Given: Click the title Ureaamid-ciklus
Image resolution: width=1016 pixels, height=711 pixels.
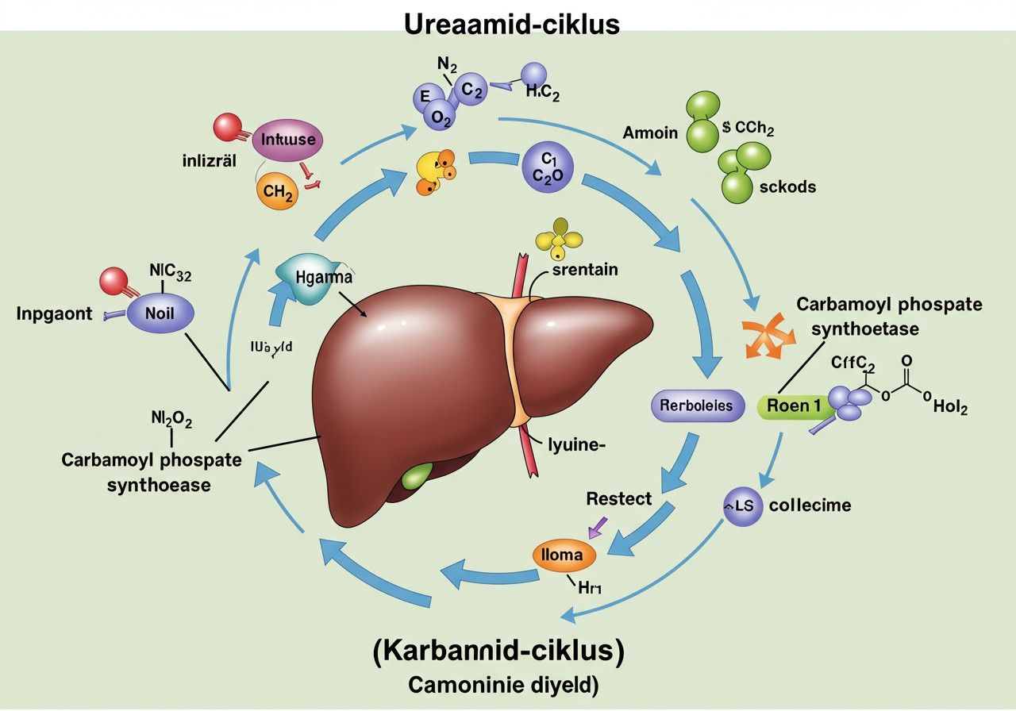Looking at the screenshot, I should (512, 24).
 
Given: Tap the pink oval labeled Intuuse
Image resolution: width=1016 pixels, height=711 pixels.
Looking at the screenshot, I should (287, 140).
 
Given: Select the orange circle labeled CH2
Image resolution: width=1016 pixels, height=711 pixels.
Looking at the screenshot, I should (278, 190).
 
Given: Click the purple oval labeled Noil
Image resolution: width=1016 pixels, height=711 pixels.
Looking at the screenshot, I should (159, 313).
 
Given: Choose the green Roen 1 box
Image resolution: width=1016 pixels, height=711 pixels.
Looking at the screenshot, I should (794, 405).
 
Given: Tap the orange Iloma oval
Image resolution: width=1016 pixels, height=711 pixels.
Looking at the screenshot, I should (561, 555).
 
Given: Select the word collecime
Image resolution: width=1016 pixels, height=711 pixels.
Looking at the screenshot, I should (810, 505).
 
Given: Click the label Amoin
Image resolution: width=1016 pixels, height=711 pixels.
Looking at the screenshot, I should (650, 133).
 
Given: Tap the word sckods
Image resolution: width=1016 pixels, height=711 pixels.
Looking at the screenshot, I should (786, 187).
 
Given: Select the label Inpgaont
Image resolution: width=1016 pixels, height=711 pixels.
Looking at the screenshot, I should (54, 313).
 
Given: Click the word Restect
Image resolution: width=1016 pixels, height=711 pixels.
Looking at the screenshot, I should (618, 499).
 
